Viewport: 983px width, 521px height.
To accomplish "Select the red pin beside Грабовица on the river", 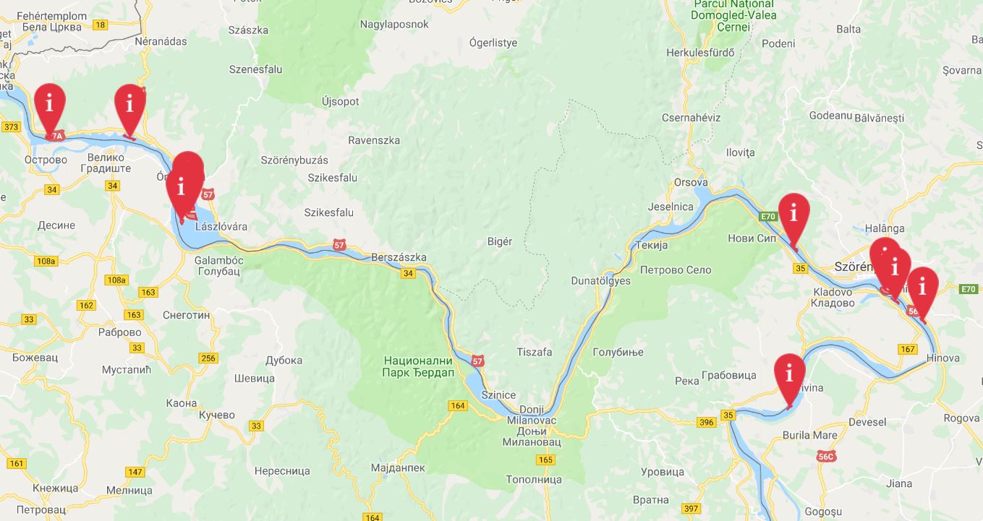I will coord(789,375).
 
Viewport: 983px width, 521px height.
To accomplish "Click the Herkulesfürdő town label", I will coord(700,53).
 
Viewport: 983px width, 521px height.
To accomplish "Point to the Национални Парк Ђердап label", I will coord(418,366).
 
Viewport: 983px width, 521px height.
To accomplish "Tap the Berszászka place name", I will coord(399,257).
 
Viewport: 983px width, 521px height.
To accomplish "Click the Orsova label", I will coord(690,182).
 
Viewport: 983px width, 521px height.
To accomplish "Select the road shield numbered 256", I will coord(208,358).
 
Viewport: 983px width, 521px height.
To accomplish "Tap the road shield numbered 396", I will coord(707,423).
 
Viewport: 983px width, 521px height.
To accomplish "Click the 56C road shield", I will coord(826,456).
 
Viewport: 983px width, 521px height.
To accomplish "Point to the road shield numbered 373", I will coord(11,127).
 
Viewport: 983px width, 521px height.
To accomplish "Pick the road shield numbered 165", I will coord(545,460).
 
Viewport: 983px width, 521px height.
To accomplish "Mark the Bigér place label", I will coord(500,241).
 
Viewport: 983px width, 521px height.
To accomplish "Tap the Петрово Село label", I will coord(676,270).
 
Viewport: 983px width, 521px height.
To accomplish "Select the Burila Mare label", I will coord(809,435).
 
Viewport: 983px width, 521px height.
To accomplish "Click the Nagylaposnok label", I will coord(394,25).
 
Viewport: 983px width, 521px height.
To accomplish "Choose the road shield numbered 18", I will coord(100,25).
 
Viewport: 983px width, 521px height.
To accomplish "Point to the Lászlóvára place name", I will coord(221,226).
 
